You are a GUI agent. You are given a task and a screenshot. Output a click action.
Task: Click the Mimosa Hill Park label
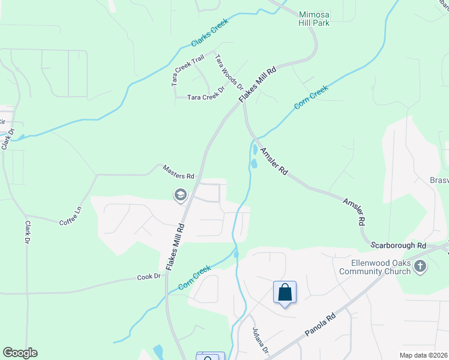(x=314, y=17)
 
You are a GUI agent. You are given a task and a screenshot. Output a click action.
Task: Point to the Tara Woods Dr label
(x=228, y=72)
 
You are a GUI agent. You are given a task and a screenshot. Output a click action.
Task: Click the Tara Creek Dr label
(x=205, y=97)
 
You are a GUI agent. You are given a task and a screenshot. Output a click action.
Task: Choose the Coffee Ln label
(x=70, y=217)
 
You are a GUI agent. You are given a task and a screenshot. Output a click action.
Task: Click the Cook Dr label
(x=149, y=277)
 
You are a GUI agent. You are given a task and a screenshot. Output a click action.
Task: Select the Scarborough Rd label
(x=397, y=245)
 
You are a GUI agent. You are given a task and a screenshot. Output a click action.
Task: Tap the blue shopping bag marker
(x=285, y=293)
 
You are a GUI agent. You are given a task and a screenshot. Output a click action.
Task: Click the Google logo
(x=20, y=353)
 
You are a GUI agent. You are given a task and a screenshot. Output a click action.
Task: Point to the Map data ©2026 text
(x=423, y=355)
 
